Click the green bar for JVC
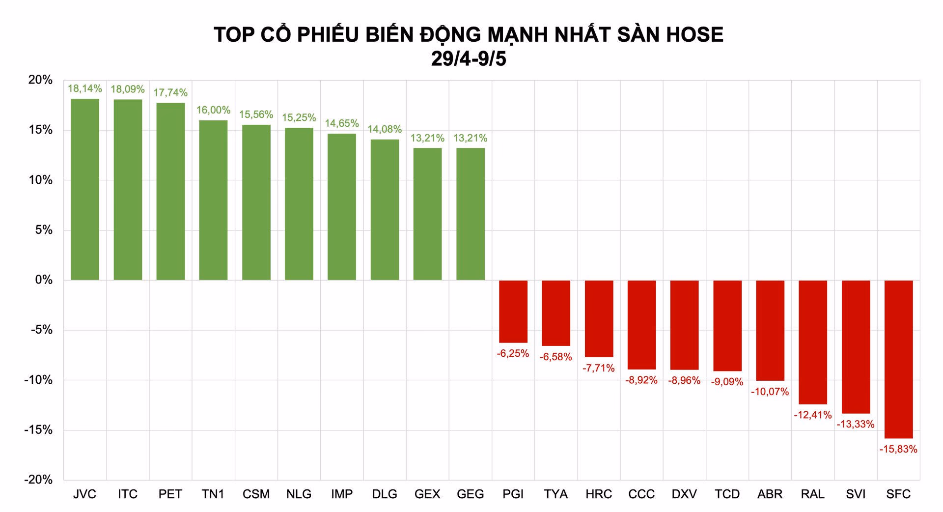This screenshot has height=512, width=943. click(85, 189)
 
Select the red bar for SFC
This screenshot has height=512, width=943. click(898, 359)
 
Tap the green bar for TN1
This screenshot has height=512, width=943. click(213, 200)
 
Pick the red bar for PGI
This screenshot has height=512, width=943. click(513, 312)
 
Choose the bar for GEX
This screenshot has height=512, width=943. click(427, 214)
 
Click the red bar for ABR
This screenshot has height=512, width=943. click(770, 330)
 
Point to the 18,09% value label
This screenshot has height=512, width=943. click(128, 89)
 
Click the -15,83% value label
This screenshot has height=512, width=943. click(898, 449)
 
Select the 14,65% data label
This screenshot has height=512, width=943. click(342, 123)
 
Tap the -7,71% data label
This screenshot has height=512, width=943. click(598, 368)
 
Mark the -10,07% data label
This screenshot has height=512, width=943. click(770, 392)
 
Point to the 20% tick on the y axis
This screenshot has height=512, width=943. click(40, 80)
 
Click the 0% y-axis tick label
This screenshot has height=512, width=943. click(43, 280)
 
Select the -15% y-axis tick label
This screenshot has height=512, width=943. click(38, 430)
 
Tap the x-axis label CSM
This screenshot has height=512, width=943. click(256, 494)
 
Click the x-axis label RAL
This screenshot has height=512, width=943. click(812, 494)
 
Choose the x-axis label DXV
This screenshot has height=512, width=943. click(684, 494)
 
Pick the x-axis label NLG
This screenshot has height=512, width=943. click(299, 494)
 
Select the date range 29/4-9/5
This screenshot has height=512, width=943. click(469, 58)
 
